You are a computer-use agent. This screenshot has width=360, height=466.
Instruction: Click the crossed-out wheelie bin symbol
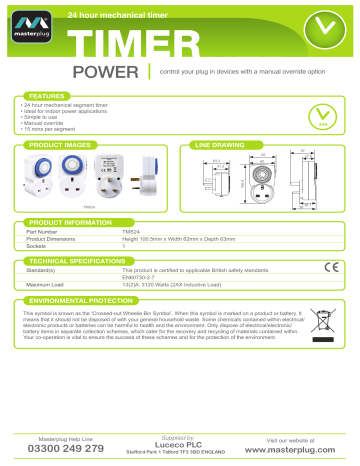tap(326, 327)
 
